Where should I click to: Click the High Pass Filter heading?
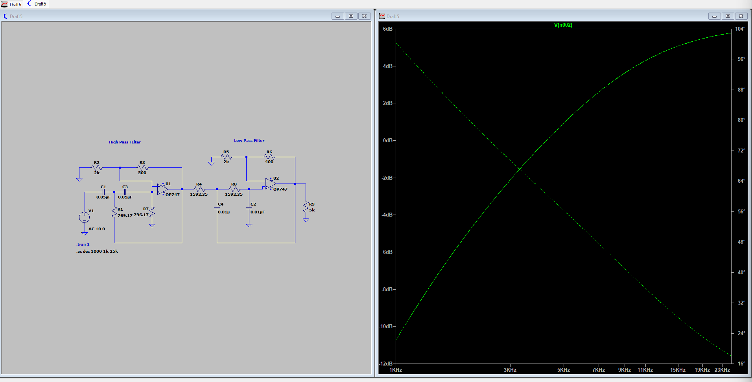pos(125,142)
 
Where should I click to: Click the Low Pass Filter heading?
pos(249,141)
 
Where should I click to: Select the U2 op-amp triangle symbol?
pos(270,184)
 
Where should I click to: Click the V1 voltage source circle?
pos(84,217)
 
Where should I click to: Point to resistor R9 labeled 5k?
pos(306,207)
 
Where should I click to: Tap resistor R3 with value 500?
pos(142,168)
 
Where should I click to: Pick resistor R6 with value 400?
pos(269,157)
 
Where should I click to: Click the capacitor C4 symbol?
pos(217,208)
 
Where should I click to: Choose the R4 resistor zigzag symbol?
pos(199,189)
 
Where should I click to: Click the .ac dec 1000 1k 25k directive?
pos(97,252)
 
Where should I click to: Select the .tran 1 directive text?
pos(83,244)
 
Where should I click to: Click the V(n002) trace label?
pos(563,25)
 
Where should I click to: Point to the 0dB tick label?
pos(388,141)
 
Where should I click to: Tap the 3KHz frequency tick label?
pos(510,370)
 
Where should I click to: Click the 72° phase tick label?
pos(741,151)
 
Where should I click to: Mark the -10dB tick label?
pos(386,327)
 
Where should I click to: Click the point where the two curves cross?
pos(519,169)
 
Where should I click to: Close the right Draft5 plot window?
pos(741,16)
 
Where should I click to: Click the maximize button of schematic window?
pos(351,16)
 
